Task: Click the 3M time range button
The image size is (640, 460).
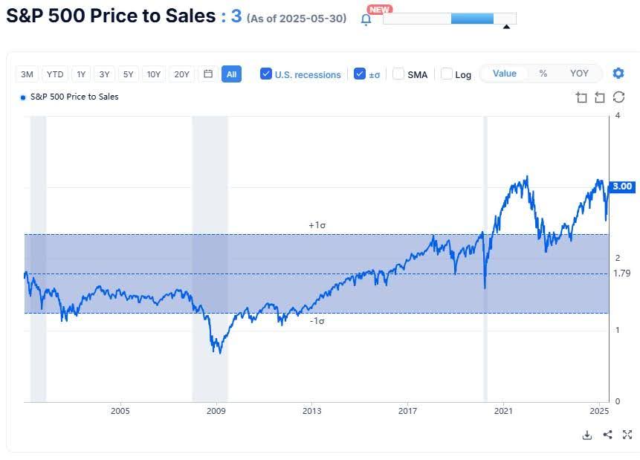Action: [28, 74]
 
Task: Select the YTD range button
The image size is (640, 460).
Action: [55, 74]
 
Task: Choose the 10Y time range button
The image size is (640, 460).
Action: [154, 74]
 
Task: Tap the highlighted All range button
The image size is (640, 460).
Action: [231, 74]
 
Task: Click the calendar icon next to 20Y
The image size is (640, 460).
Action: [208, 74]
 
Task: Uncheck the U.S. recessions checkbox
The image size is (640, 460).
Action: [266, 74]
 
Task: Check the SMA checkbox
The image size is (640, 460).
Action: [398, 74]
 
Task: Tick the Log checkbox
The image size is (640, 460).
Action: [447, 74]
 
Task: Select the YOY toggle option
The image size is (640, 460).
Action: [579, 74]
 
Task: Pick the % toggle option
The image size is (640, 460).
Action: [543, 74]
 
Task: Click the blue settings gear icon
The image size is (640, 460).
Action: [618, 74]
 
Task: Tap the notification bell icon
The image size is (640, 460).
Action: [366, 19]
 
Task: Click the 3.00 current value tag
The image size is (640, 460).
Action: [622, 187]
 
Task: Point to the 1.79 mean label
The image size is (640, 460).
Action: [622, 273]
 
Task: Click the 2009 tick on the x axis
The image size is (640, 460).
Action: [216, 411]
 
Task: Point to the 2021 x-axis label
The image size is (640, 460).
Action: [504, 411]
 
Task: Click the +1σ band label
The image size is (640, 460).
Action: [317, 224]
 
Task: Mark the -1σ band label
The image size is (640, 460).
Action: [317, 321]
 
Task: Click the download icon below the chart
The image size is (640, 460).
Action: [587, 435]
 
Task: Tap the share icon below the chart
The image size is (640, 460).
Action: [607, 435]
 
